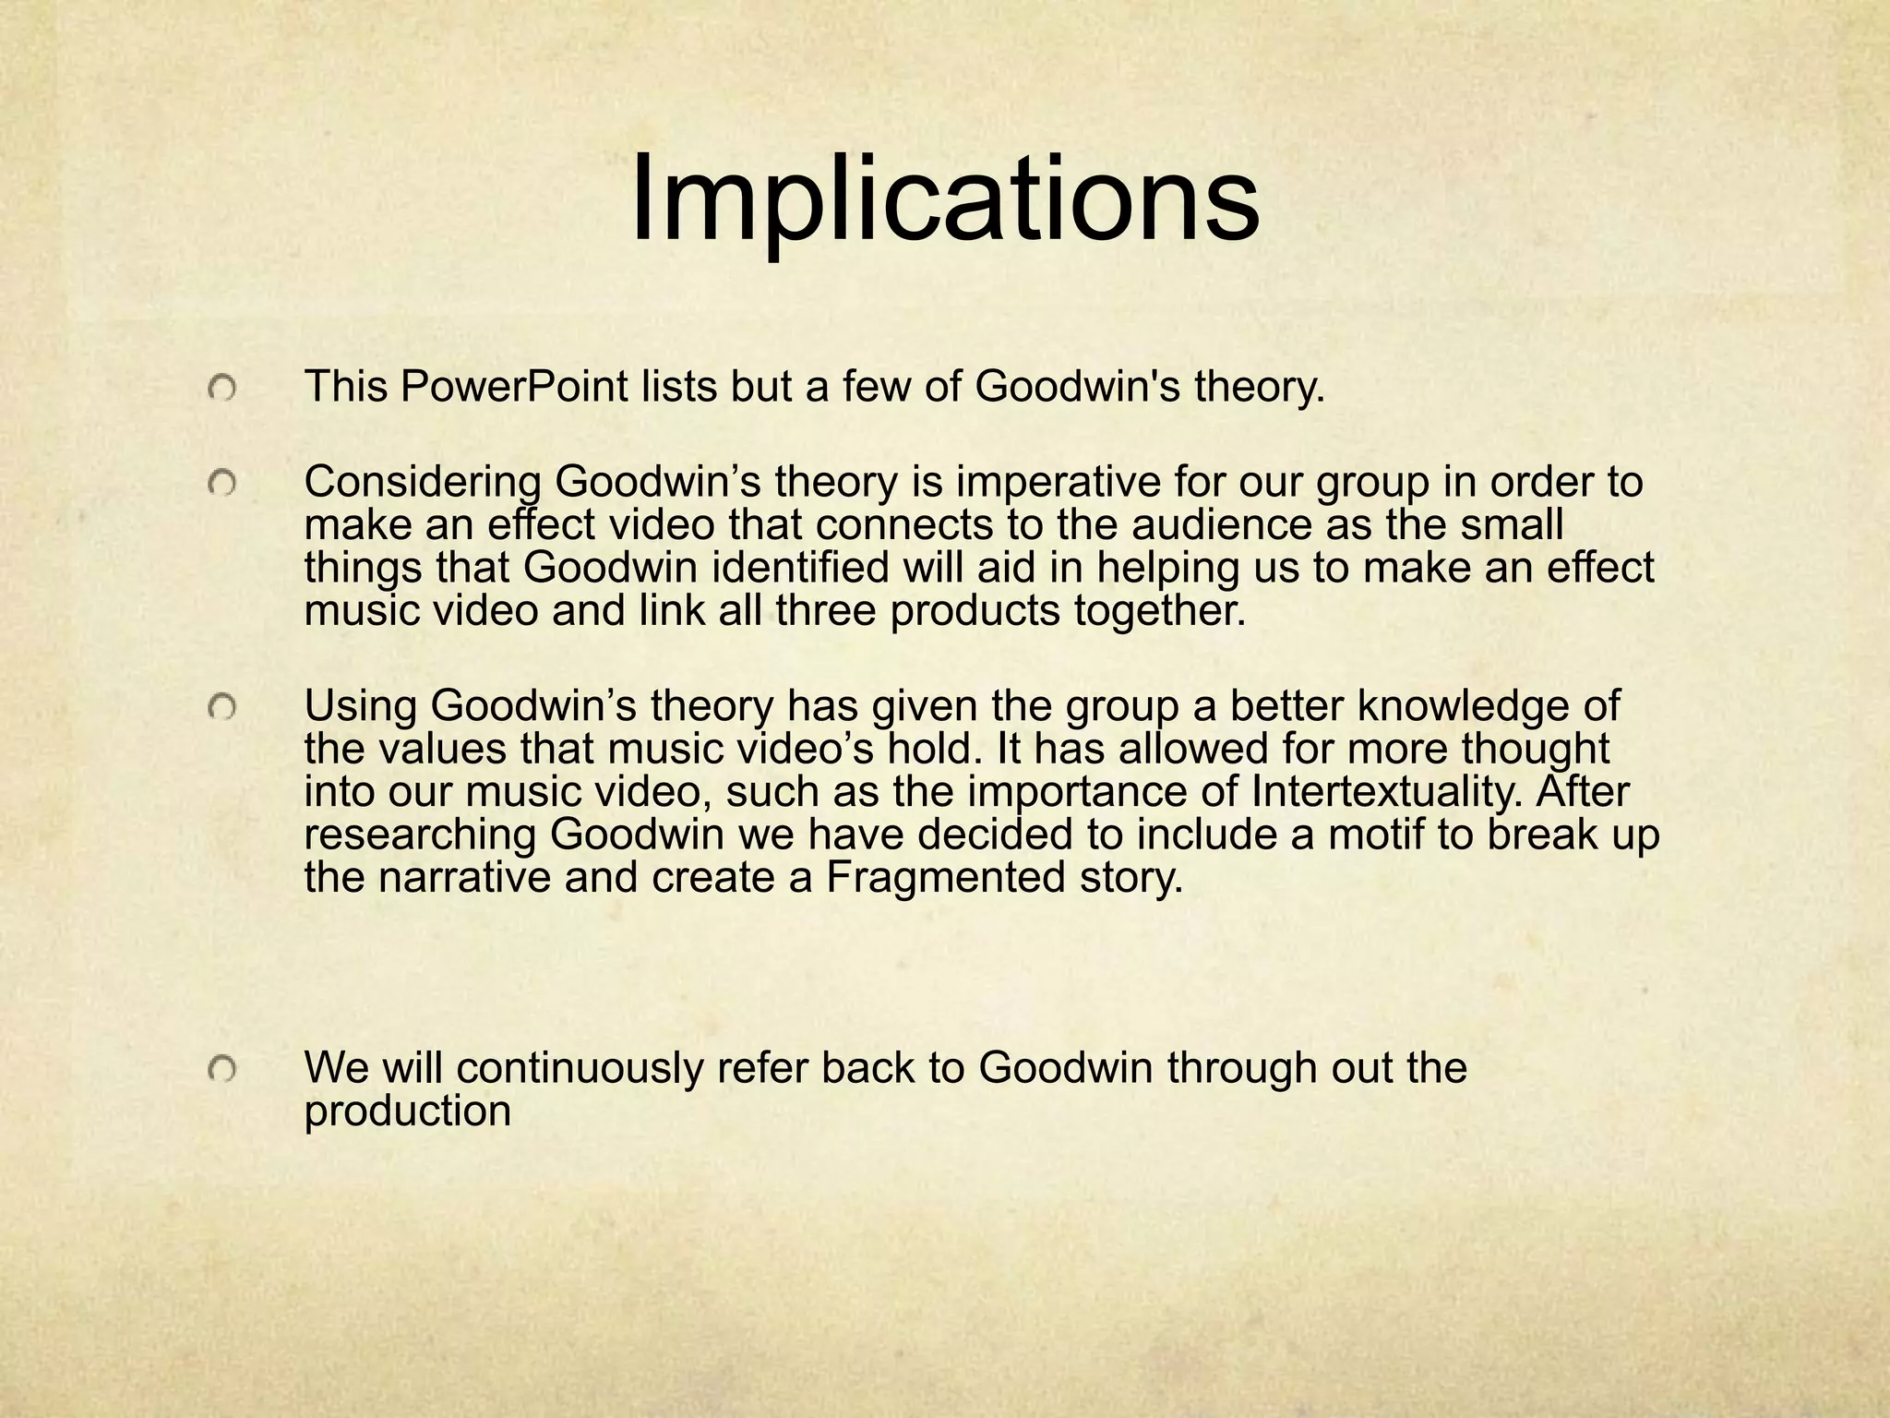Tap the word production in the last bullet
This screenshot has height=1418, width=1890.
(407, 1112)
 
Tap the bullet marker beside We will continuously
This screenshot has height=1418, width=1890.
(222, 1070)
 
